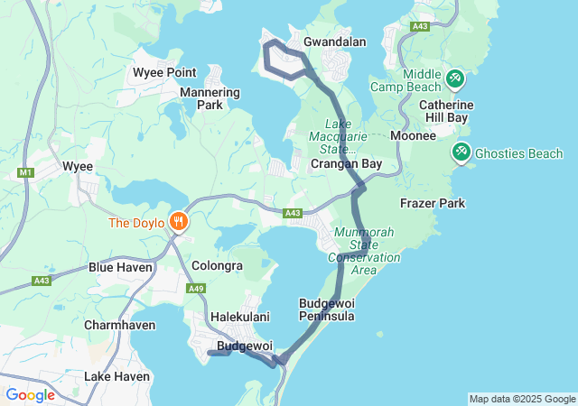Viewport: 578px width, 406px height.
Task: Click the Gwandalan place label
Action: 334,42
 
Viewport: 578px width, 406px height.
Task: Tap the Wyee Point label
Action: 164,72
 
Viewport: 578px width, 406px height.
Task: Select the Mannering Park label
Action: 210,98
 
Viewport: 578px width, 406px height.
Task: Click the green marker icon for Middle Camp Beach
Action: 454,79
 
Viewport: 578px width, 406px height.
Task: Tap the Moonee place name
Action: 415,135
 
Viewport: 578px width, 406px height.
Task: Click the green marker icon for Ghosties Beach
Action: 462,152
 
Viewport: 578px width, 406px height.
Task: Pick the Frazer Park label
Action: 433,203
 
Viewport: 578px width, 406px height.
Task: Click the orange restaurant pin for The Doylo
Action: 179,221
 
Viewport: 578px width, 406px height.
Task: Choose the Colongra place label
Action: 217,266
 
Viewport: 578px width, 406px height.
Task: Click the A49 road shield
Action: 196,289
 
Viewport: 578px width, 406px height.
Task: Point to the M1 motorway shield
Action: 24,171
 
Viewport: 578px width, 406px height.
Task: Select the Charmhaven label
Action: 119,325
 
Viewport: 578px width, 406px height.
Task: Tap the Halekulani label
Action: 240,317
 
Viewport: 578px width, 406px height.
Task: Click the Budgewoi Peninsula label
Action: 327,309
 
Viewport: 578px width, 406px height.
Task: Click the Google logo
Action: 30,394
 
